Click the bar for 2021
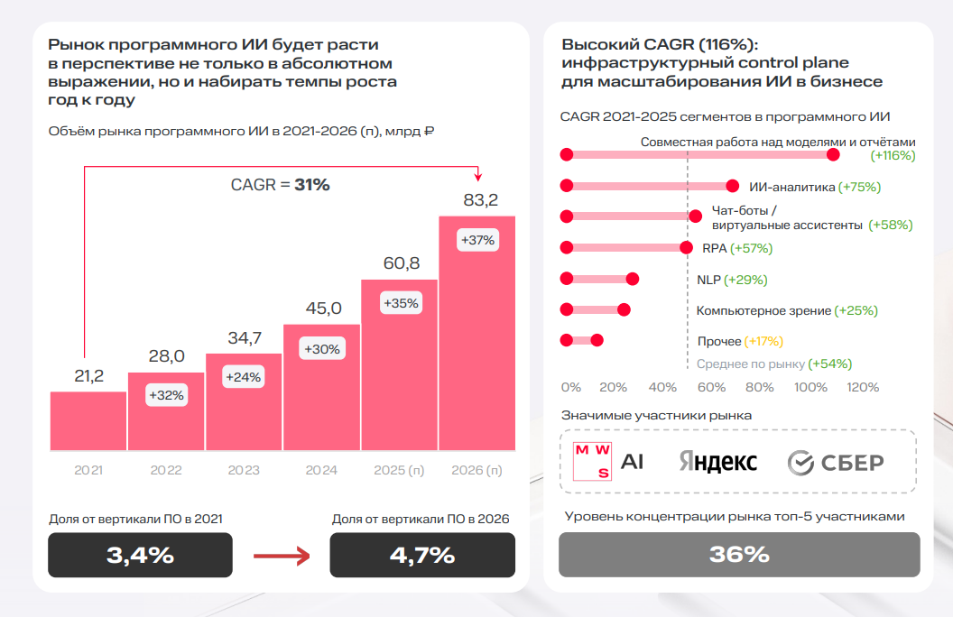(88, 421)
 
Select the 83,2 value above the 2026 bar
(480, 200)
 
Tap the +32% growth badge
(166, 395)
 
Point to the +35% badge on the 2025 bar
(401, 303)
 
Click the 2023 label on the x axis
(244, 470)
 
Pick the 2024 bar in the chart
(322, 388)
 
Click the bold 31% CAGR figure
(312, 185)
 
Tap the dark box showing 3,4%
(140, 555)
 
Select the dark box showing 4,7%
(422, 555)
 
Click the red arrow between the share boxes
(282, 556)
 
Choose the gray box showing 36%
(739, 554)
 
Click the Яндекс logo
(718, 463)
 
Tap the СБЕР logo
(836, 463)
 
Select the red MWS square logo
(593, 462)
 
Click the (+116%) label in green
(893, 155)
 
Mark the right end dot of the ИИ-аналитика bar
(733, 187)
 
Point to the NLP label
(708, 280)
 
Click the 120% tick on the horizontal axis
(863, 387)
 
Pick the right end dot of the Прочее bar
(597, 340)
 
